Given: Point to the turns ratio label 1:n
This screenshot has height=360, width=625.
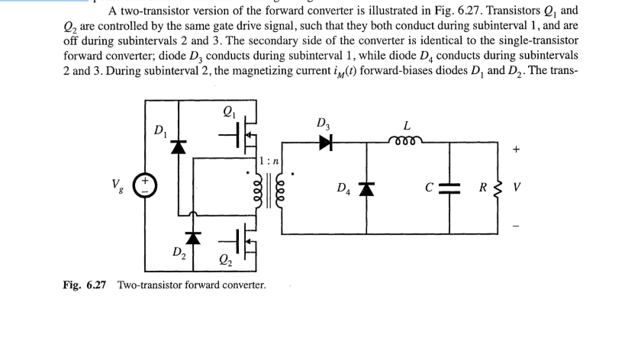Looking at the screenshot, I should tap(272, 161).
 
